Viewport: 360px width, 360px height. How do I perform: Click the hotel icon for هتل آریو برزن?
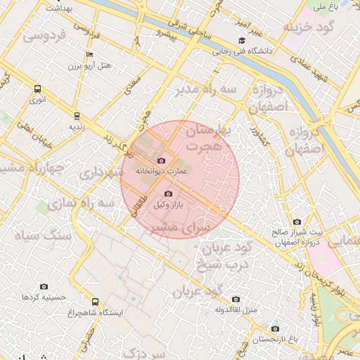pyautogui.click(x=89, y=55)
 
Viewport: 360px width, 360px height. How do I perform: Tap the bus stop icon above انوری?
pyautogui.click(x=37, y=89)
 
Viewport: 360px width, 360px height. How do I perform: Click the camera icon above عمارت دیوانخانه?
pyautogui.click(x=161, y=160)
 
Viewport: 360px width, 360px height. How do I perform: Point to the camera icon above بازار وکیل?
pyautogui.click(x=167, y=193)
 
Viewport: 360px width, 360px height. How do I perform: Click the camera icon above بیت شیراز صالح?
pyautogui.click(x=296, y=222)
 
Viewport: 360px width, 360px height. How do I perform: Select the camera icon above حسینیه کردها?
pyautogui.click(x=44, y=286)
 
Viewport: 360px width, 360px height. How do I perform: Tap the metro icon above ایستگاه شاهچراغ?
pyautogui.click(x=95, y=302)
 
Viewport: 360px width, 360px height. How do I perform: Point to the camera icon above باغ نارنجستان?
pyautogui.click(x=275, y=328)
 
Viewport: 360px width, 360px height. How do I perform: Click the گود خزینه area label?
pyautogui.click(x=307, y=27)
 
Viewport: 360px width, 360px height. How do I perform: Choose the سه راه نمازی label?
pyautogui.click(x=106, y=202)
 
